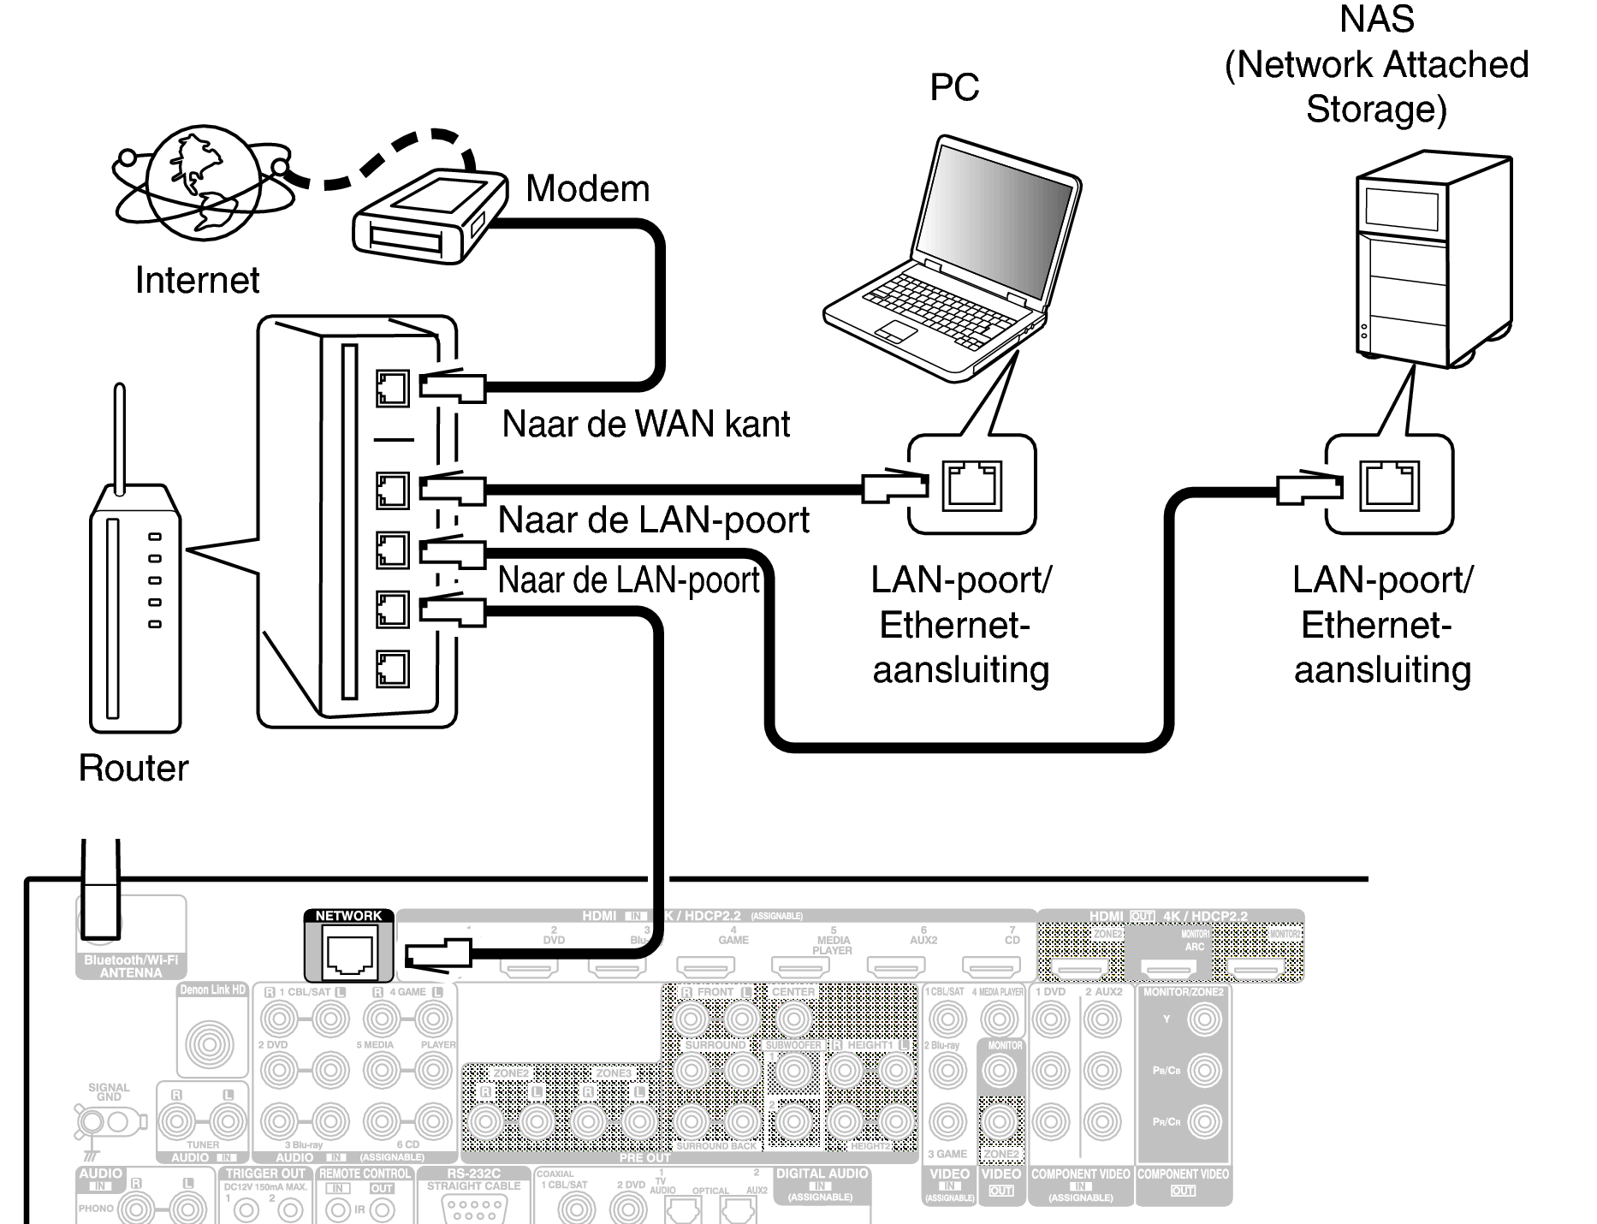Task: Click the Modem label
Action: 587,189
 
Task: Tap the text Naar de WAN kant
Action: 645,425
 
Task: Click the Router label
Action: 133,768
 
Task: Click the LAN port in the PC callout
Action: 971,485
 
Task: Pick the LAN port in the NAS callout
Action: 1389,485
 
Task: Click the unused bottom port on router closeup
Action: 392,668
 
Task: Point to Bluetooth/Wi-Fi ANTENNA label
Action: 130,966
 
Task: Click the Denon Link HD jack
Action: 210,1043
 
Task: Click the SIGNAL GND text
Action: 109,1091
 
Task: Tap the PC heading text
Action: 953,87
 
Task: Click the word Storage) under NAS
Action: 1375,110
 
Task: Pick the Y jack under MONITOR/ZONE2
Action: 1205,1019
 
